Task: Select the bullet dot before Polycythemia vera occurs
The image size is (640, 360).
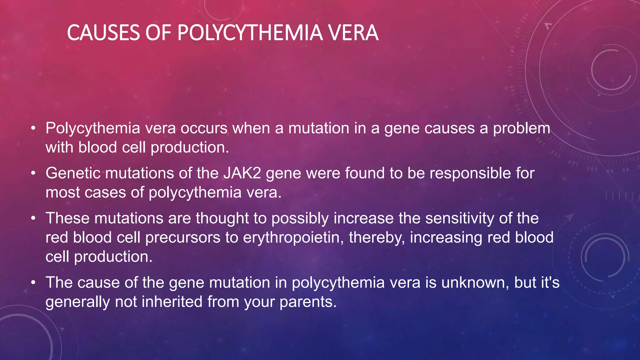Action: (33, 128)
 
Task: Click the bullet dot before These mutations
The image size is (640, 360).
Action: (33, 218)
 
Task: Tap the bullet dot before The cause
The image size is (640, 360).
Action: (33, 283)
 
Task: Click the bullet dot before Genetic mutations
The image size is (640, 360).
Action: (33, 173)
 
